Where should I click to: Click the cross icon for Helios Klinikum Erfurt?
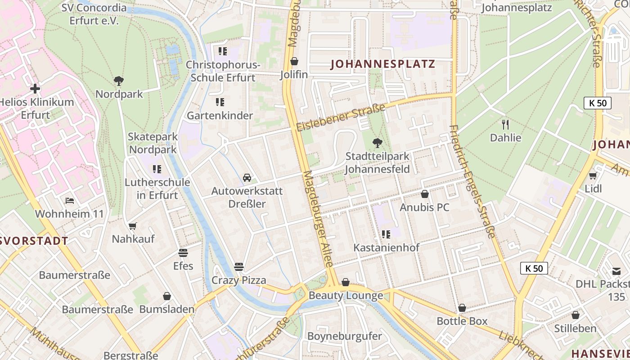pyautogui.click(x=35, y=88)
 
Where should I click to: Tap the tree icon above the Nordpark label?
pyautogui.click(x=119, y=81)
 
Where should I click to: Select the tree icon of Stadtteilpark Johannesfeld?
pyautogui.click(x=378, y=143)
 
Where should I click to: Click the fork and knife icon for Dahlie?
pyautogui.click(x=505, y=124)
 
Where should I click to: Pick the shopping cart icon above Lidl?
pyautogui.click(x=593, y=175)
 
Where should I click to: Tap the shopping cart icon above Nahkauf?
pyautogui.click(x=133, y=226)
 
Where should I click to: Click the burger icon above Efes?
pyautogui.click(x=183, y=253)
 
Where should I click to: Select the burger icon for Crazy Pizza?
pyautogui.click(x=239, y=267)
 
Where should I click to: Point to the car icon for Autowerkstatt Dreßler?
pyautogui.click(x=247, y=178)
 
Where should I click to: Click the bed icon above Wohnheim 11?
pyautogui.click(x=70, y=200)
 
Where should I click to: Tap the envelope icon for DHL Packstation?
pyautogui.click(x=616, y=271)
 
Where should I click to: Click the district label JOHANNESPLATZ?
pyautogui.click(x=383, y=64)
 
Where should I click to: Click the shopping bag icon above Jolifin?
pyautogui.click(x=294, y=61)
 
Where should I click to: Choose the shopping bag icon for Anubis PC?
pyautogui.click(x=424, y=194)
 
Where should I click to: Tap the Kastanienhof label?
pyautogui.click(x=386, y=247)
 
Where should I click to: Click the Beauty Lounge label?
pyautogui.click(x=346, y=296)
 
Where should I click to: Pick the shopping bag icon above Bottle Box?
pyautogui.click(x=462, y=308)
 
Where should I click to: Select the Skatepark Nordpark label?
pyautogui.click(x=153, y=143)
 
